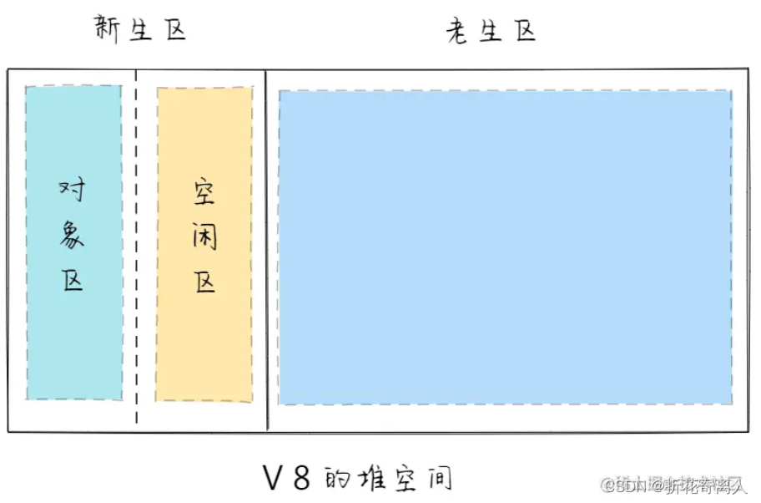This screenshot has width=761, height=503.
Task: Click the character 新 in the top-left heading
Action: coord(108,31)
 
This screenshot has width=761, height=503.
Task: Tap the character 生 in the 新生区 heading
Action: coord(141,31)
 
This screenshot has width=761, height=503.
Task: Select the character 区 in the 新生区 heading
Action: coord(174,31)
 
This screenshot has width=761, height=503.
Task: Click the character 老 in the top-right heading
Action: coord(457,32)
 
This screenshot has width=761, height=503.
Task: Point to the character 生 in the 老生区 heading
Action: coord(491,32)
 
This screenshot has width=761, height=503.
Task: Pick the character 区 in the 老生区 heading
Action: coord(524,32)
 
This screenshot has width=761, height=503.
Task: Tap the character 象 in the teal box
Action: coord(73,236)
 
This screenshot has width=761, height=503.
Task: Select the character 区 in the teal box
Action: coord(73,279)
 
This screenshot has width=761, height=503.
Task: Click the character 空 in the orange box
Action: coord(203,194)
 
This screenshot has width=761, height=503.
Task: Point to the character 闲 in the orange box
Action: coord(204,236)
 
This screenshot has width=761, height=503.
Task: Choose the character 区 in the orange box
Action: coord(204,281)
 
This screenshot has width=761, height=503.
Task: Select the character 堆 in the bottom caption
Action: coord(373,479)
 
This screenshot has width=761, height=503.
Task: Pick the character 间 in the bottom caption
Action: coord(439,479)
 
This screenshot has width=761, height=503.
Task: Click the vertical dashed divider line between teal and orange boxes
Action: coord(137,251)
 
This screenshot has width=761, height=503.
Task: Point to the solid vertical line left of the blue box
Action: coord(266,251)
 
